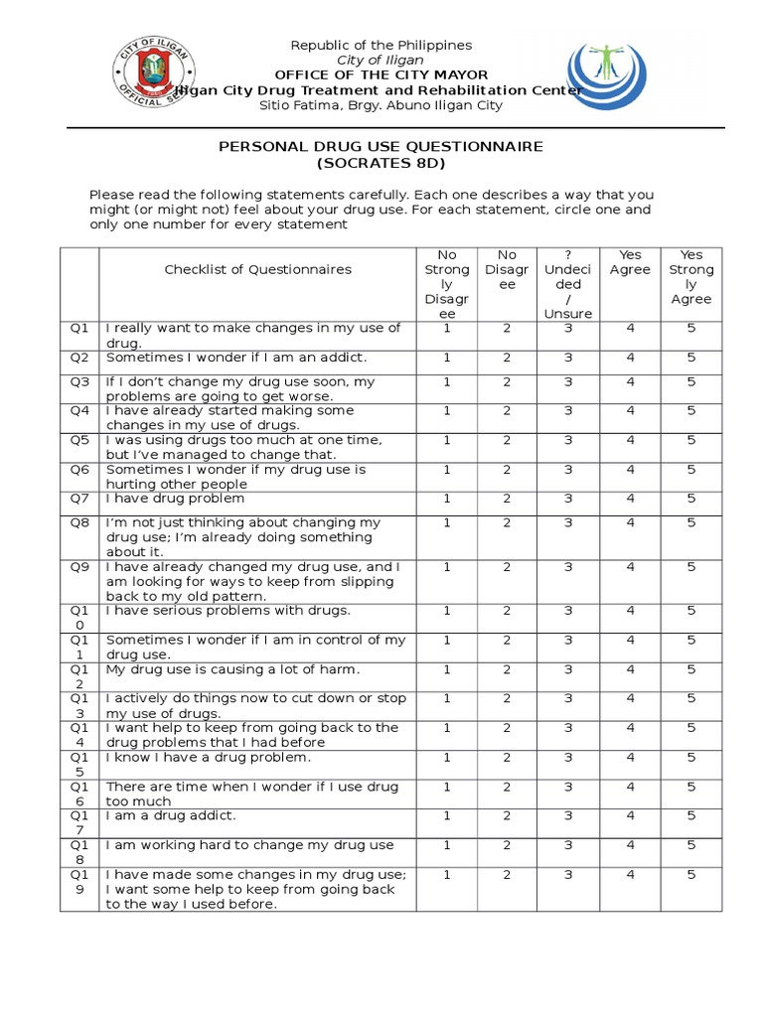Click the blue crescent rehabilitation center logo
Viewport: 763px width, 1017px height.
[x=605, y=76]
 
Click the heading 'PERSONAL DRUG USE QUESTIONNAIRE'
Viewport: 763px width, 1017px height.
[x=381, y=146]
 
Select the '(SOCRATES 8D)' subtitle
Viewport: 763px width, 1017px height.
[x=381, y=162]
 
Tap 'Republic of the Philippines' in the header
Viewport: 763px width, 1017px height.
[x=381, y=46]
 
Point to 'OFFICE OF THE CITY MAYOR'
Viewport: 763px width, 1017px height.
[x=381, y=75]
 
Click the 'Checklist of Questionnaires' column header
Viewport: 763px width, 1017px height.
[x=257, y=269]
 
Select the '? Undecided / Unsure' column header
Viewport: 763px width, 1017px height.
[x=568, y=284]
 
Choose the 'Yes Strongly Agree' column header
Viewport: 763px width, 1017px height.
[x=691, y=277]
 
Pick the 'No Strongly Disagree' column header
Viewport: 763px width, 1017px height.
[x=447, y=284]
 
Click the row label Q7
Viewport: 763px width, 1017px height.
[x=79, y=499]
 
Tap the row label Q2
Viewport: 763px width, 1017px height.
[x=79, y=358]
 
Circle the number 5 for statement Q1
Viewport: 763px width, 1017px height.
[x=691, y=329]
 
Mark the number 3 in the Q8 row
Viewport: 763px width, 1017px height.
[x=568, y=522]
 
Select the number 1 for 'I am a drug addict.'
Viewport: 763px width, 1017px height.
[x=447, y=815]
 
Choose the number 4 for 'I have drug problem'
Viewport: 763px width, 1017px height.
[x=630, y=499]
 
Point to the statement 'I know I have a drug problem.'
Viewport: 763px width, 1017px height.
[x=209, y=757]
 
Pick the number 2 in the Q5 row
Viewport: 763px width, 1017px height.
[x=507, y=440]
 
